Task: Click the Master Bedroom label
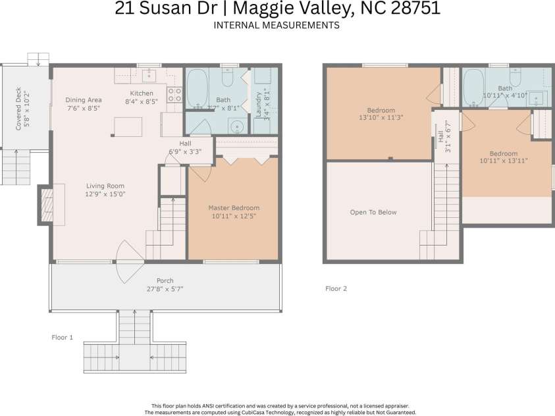[x=234, y=207]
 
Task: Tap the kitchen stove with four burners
[x=174, y=95]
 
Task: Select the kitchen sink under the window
[x=149, y=73]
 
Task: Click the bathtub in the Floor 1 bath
[x=197, y=89]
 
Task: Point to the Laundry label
[x=259, y=104]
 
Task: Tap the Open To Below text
[x=373, y=212]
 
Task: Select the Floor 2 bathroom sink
[x=539, y=99]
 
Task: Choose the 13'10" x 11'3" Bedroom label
[x=381, y=110]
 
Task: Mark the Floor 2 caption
[x=336, y=288]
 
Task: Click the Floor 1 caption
[x=62, y=337]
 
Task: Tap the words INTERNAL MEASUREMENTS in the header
[x=277, y=26]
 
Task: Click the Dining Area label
[x=83, y=100]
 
